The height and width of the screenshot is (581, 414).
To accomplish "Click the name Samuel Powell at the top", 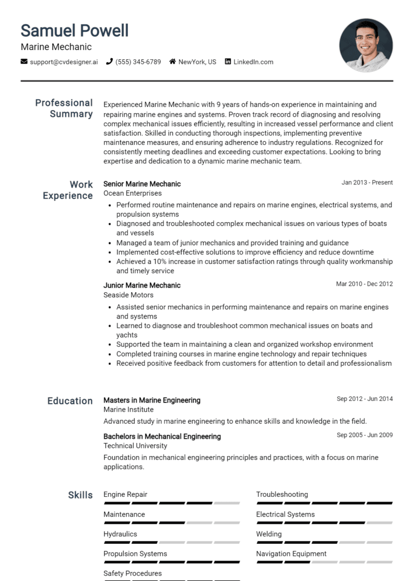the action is pos(74,30).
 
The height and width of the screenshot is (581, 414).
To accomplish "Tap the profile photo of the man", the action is pos(366,45).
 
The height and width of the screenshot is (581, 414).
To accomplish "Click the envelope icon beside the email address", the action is pos(24,62).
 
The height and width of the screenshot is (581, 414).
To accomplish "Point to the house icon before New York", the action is pos(172,62).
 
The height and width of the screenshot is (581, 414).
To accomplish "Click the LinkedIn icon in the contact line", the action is pos(228,62).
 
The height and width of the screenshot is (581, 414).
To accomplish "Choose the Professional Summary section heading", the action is pos(64,108).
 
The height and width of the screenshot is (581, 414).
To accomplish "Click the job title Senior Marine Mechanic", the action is pos(142,184).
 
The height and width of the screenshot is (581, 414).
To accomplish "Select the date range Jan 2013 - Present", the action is pos(367,183).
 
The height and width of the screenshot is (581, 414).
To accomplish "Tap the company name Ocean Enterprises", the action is pos(132,193).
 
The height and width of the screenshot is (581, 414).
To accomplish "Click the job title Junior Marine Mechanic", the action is pos(142,285).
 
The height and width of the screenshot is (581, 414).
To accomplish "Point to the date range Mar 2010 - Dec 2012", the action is pos(364,284).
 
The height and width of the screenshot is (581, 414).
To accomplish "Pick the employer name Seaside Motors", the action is pos(128,295).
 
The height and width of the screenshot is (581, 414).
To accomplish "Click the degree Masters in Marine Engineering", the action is pos(151,400).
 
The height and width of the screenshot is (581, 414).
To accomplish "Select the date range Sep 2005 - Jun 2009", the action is pos(364,435).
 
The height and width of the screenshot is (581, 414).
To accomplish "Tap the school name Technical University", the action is pos(135,446).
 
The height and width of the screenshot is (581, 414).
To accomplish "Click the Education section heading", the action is pos(70,401).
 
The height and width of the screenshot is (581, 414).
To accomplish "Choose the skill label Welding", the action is pos(268,534).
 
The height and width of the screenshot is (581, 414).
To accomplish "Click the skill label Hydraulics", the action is pos(120,534).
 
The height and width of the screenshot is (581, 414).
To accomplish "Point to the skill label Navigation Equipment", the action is pos(291,554).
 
